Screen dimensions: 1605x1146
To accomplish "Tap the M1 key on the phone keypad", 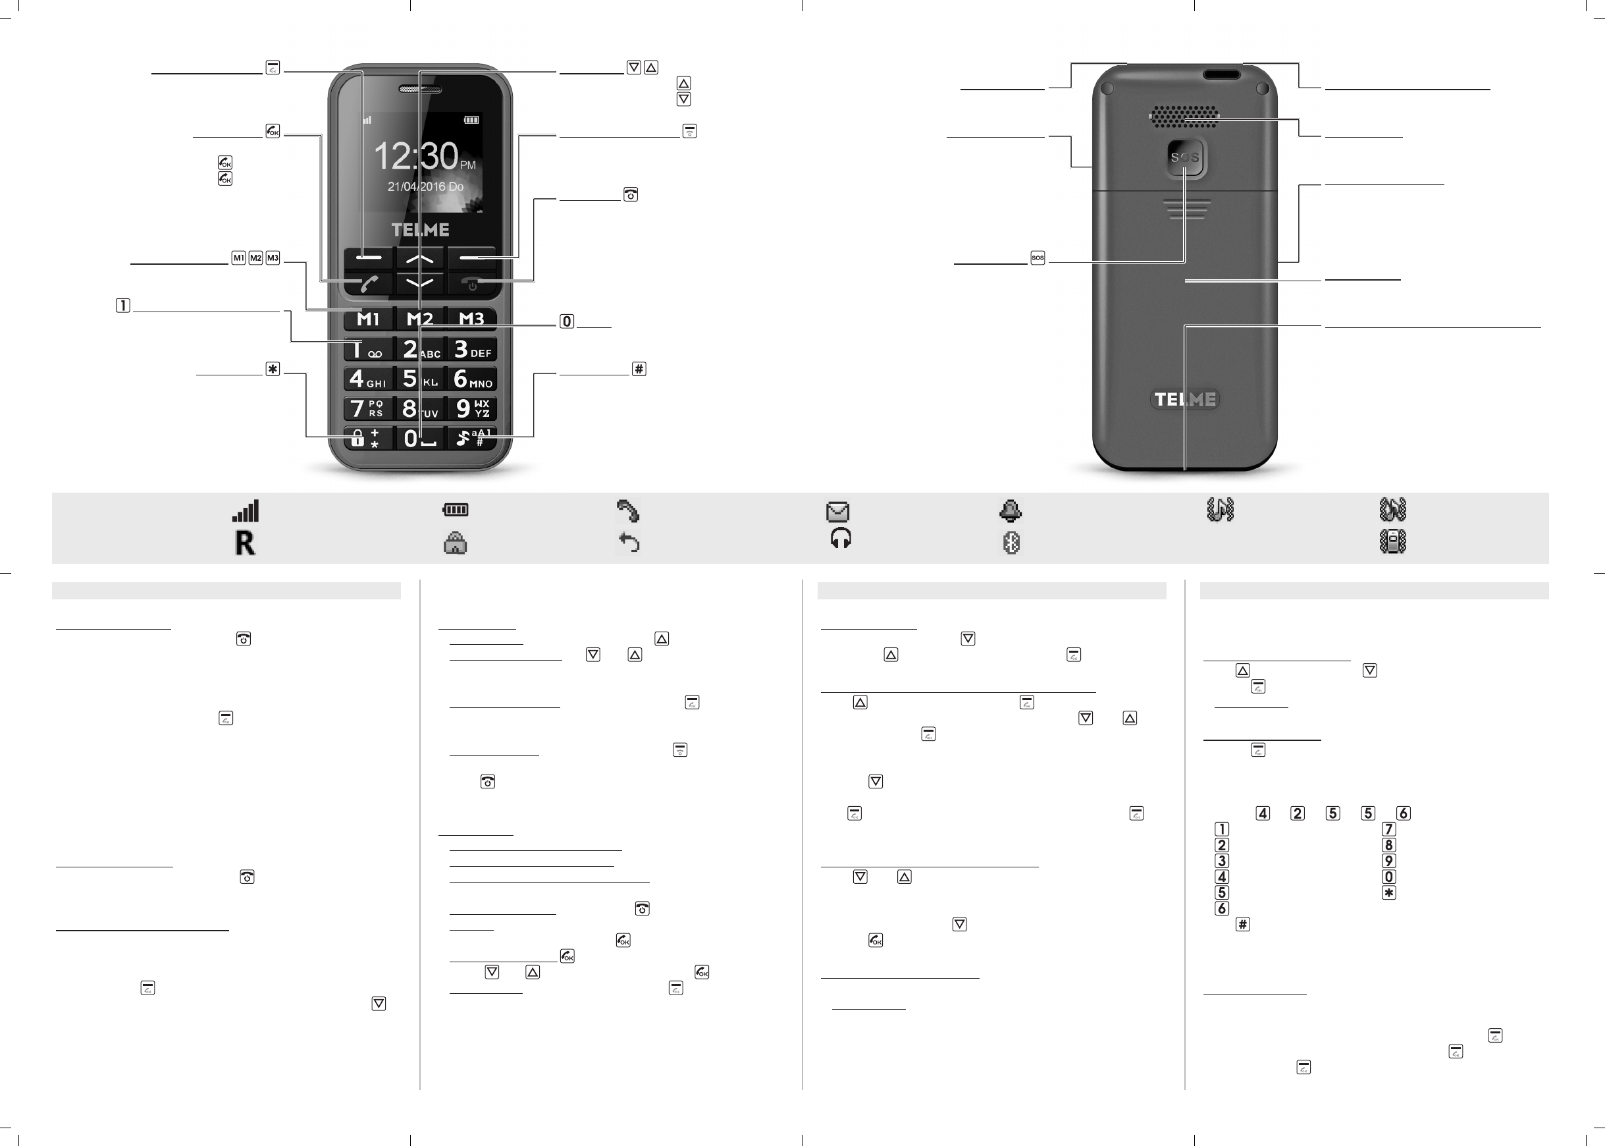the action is [x=368, y=319].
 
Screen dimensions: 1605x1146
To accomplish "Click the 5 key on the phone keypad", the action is [x=419, y=379].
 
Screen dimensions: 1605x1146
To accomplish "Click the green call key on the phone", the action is [x=369, y=284].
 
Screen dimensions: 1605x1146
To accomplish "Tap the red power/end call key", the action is [x=472, y=284].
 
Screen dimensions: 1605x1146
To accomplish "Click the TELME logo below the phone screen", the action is [x=420, y=229].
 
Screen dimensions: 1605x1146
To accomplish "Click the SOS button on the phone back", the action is [x=1185, y=157].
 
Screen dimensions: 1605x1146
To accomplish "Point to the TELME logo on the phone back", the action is [x=1185, y=398].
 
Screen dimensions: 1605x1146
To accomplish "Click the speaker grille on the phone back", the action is [x=1185, y=117].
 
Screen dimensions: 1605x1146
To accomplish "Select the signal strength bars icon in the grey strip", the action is [x=246, y=510].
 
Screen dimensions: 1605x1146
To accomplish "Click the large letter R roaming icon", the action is [x=245, y=543].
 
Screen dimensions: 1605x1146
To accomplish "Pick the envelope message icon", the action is [x=838, y=511].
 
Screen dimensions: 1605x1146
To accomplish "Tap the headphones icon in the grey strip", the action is [x=841, y=539].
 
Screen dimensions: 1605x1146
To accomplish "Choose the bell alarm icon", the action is [x=1011, y=510].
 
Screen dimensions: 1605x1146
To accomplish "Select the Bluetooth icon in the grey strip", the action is [x=1011, y=543].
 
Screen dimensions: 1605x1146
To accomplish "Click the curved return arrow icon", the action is [x=628, y=543].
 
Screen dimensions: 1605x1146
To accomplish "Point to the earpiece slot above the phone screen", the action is [x=420, y=90].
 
